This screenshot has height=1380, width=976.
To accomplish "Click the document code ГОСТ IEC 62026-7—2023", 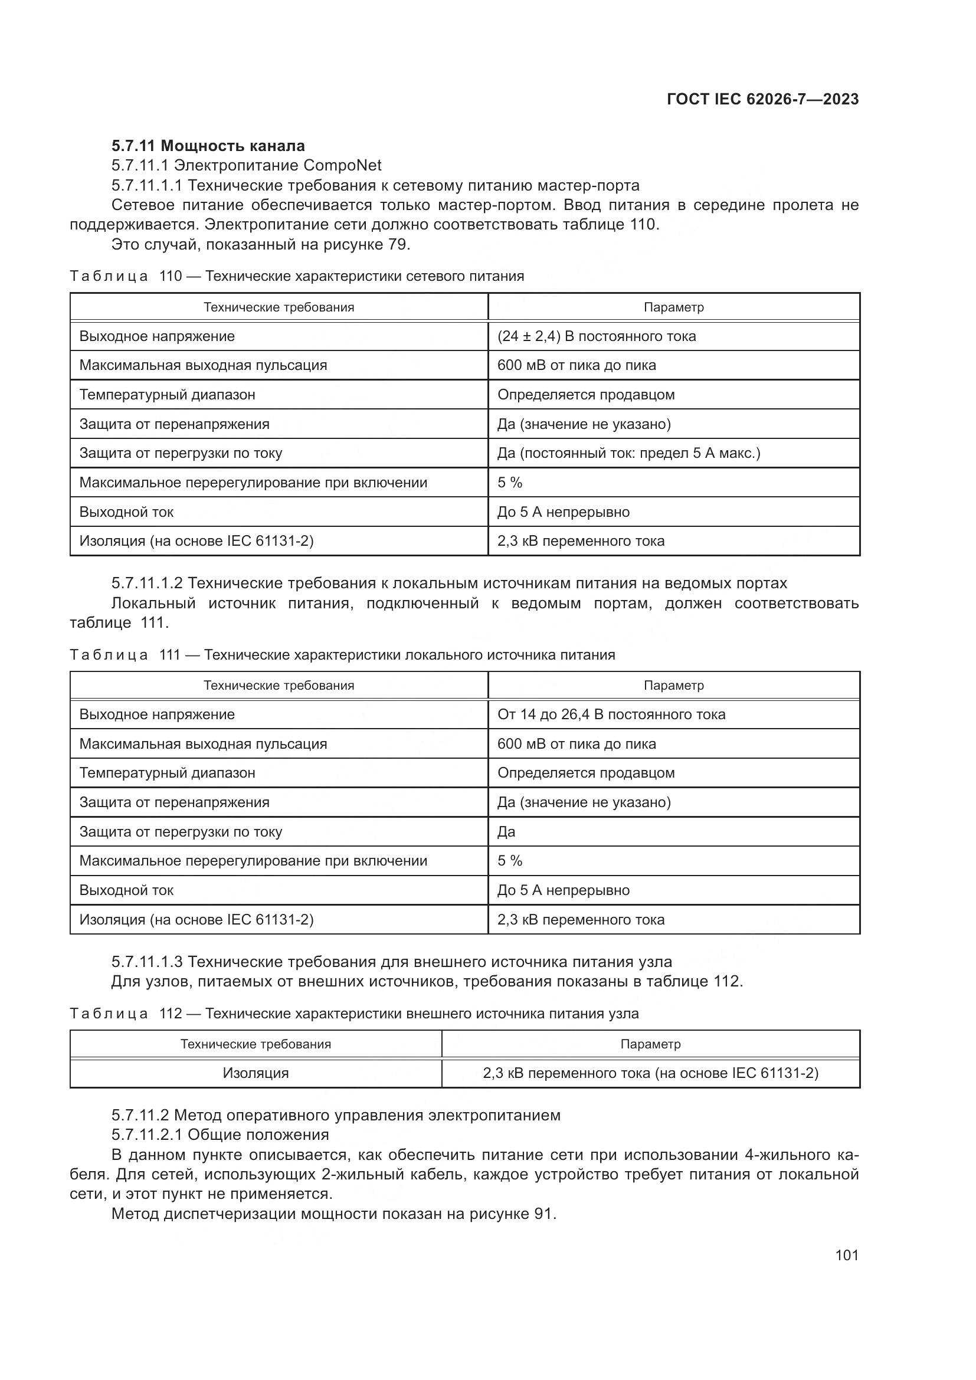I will tap(762, 99).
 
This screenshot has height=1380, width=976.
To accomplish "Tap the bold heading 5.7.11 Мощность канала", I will tap(208, 146).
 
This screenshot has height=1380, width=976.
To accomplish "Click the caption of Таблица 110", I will tap(297, 276).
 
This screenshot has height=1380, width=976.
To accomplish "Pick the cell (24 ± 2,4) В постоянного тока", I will tap(596, 336).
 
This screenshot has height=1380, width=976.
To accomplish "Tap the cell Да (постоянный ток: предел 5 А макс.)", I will tap(628, 453).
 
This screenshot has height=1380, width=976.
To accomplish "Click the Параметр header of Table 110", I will tap(673, 307).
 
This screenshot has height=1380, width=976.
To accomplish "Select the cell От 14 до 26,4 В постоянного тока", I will tap(611, 714).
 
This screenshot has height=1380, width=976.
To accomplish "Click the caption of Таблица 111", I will tap(343, 654).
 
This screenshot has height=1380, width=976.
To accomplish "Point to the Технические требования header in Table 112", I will tap(256, 1044).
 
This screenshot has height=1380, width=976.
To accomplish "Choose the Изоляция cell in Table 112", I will tap(256, 1073).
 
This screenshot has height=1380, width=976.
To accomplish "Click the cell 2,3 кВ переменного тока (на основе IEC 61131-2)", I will tap(650, 1073).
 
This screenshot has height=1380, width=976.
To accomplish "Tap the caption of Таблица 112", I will tap(354, 1014).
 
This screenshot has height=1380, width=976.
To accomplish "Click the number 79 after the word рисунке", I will tap(398, 245).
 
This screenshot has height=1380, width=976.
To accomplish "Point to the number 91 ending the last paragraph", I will tap(543, 1214).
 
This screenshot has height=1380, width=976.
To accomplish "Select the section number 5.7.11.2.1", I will tap(147, 1135).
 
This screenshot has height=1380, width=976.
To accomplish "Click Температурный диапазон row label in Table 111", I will tap(167, 773).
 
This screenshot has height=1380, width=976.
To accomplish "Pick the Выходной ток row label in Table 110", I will tap(126, 512).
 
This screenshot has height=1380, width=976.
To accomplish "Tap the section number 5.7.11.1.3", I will tap(147, 962).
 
